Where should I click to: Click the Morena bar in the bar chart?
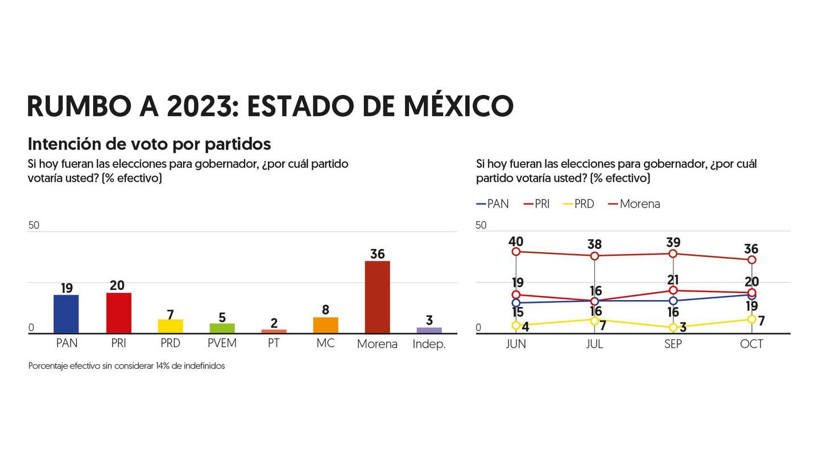(x=377, y=297)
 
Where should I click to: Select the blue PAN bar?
(x=66, y=314)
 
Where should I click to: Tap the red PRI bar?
(x=118, y=313)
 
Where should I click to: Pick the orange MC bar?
(x=325, y=325)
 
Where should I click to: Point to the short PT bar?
(x=274, y=331)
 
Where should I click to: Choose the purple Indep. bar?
(x=429, y=330)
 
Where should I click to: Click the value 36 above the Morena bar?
(x=377, y=254)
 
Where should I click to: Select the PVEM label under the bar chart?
(x=222, y=343)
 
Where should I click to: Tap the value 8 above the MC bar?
(x=325, y=310)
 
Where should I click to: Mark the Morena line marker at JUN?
(x=516, y=251)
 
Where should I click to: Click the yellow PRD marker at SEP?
(x=673, y=327)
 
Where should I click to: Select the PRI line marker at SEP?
(x=673, y=290)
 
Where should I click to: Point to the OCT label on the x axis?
(x=751, y=344)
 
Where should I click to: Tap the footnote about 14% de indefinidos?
(x=126, y=366)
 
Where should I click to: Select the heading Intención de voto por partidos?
(x=149, y=144)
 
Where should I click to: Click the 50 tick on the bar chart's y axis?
(x=34, y=225)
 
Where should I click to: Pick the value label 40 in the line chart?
(x=516, y=240)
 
